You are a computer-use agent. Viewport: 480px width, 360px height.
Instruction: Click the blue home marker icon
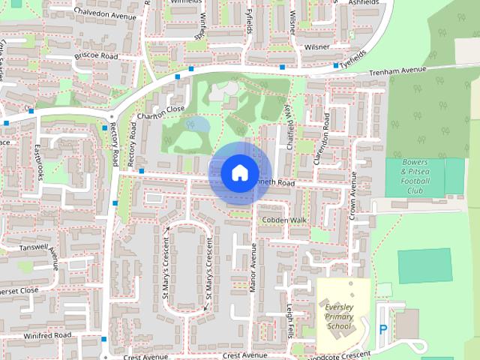point(238,172)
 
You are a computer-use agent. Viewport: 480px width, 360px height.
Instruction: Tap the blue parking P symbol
point(383,329)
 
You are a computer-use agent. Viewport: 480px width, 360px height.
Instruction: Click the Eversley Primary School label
point(339,316)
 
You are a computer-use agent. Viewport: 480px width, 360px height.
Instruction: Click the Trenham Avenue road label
point(397,71)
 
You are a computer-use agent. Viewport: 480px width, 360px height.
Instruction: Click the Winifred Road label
point(46,334)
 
